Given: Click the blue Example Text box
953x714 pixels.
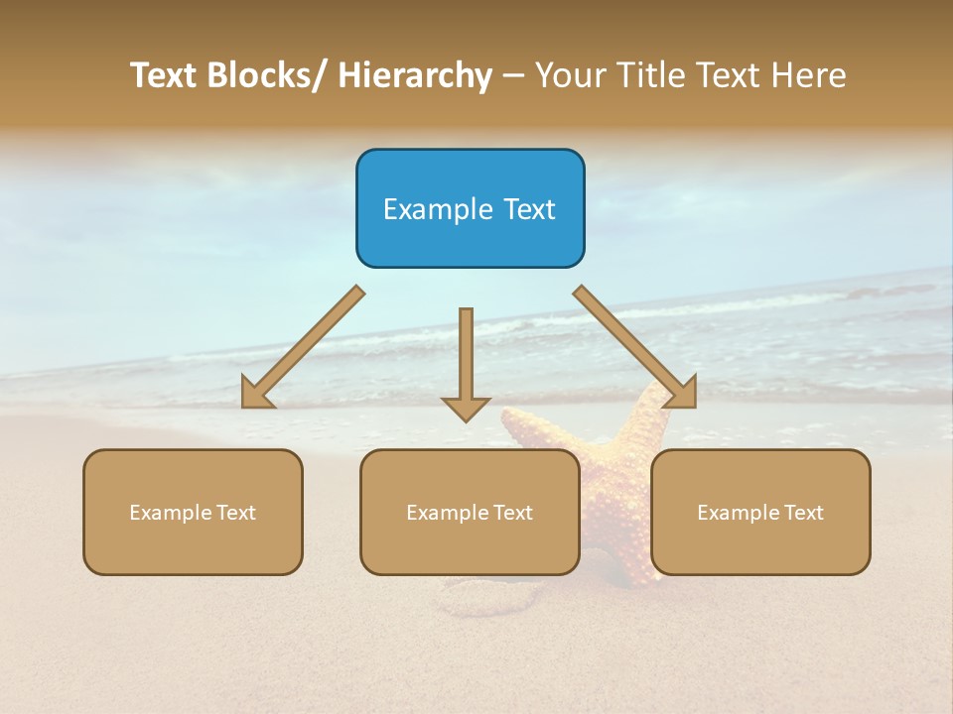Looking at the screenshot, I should pyautogui.click(x=470, y=208).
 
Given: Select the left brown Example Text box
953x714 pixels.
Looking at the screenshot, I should pyautogui.click(x=193, y=512).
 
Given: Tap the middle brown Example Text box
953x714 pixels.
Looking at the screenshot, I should pyautogui.click(x=470, y=512).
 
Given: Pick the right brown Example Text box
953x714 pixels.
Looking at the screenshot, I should pyautogui.click(x=760, y=512).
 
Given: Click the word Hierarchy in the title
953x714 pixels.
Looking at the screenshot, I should pyautogui.click(x=415, y=75).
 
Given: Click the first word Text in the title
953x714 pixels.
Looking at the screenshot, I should pyautogui.click(x=167, y=75).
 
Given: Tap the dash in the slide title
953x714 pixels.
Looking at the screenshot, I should pyautogui.click(x=513, y=76).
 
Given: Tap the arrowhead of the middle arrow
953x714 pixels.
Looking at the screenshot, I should pyautogui.click(x=466, y=409).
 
